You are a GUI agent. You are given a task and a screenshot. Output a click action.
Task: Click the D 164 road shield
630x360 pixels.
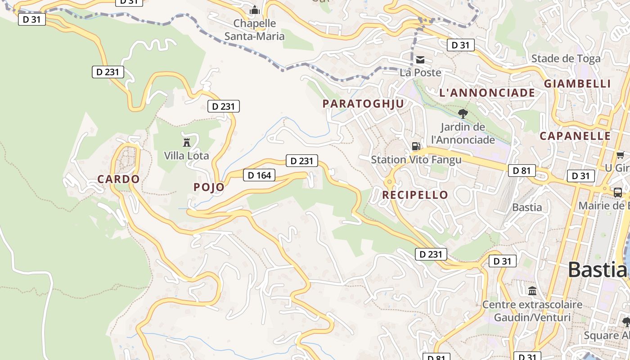coord(259,175)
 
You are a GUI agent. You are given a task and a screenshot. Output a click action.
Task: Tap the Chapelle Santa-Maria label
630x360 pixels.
coord(255,30)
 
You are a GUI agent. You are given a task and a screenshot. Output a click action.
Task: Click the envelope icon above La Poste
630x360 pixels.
coord(420,60)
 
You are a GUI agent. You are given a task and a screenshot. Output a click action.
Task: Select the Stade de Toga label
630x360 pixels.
coord(566,58)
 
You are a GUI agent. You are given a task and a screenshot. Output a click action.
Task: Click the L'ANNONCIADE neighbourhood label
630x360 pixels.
coord(487,93)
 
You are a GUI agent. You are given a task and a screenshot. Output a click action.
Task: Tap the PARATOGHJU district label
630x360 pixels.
coord(363,103)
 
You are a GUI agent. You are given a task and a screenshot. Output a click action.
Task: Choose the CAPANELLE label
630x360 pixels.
coord(575,136)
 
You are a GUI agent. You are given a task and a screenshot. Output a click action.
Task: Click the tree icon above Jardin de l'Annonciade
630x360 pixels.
coord(463,113)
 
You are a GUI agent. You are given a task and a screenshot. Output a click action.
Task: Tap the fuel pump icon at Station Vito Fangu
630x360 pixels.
coord(416,146)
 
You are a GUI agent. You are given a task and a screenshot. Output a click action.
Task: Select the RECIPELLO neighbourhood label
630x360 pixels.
coord(415,195)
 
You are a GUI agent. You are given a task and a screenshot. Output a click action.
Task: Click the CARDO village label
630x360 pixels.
coord(118,179)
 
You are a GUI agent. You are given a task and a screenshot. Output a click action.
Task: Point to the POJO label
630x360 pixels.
coord(209,187)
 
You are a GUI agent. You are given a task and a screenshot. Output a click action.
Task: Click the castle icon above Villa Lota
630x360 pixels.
coord(186,143)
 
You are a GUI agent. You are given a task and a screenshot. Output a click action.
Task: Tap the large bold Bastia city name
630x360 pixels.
coord(597,270)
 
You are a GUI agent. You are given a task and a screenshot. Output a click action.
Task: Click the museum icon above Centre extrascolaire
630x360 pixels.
coord(532,291)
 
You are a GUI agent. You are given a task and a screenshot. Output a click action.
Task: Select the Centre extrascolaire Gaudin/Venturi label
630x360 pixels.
coord(532,311)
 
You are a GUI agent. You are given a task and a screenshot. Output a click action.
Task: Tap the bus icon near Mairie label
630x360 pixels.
coord(618,193)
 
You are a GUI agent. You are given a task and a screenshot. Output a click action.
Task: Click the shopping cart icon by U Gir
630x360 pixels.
coord(620,155)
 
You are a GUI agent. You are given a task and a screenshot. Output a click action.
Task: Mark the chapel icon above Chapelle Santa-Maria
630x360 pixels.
coord(255,10)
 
